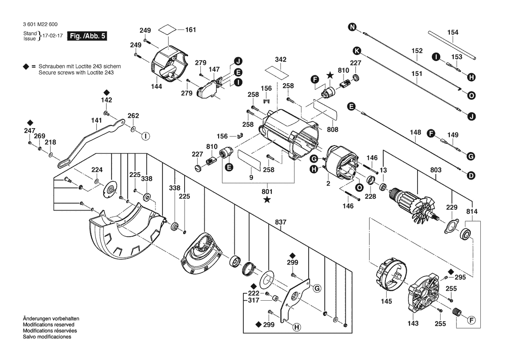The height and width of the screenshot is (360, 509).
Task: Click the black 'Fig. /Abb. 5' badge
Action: tap(87, 36)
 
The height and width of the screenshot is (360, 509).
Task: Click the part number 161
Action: tap(191, 30)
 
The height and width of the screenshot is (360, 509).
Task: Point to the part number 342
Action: tap(281, 59)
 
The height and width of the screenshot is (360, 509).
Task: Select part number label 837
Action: tap(281, 222)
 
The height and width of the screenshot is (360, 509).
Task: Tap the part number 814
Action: tap(472, 211)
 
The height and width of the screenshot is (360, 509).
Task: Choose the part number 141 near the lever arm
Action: tap(96, 120)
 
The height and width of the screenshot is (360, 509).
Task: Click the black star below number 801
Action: tap(267, 200)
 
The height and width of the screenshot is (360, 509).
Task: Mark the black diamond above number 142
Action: tap(107, 92)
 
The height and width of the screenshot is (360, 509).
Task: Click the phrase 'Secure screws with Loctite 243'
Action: tap(76, 73)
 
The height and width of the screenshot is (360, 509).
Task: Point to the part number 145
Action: tap(386, 301)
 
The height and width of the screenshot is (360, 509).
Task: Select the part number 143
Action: tap(413, 323)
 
